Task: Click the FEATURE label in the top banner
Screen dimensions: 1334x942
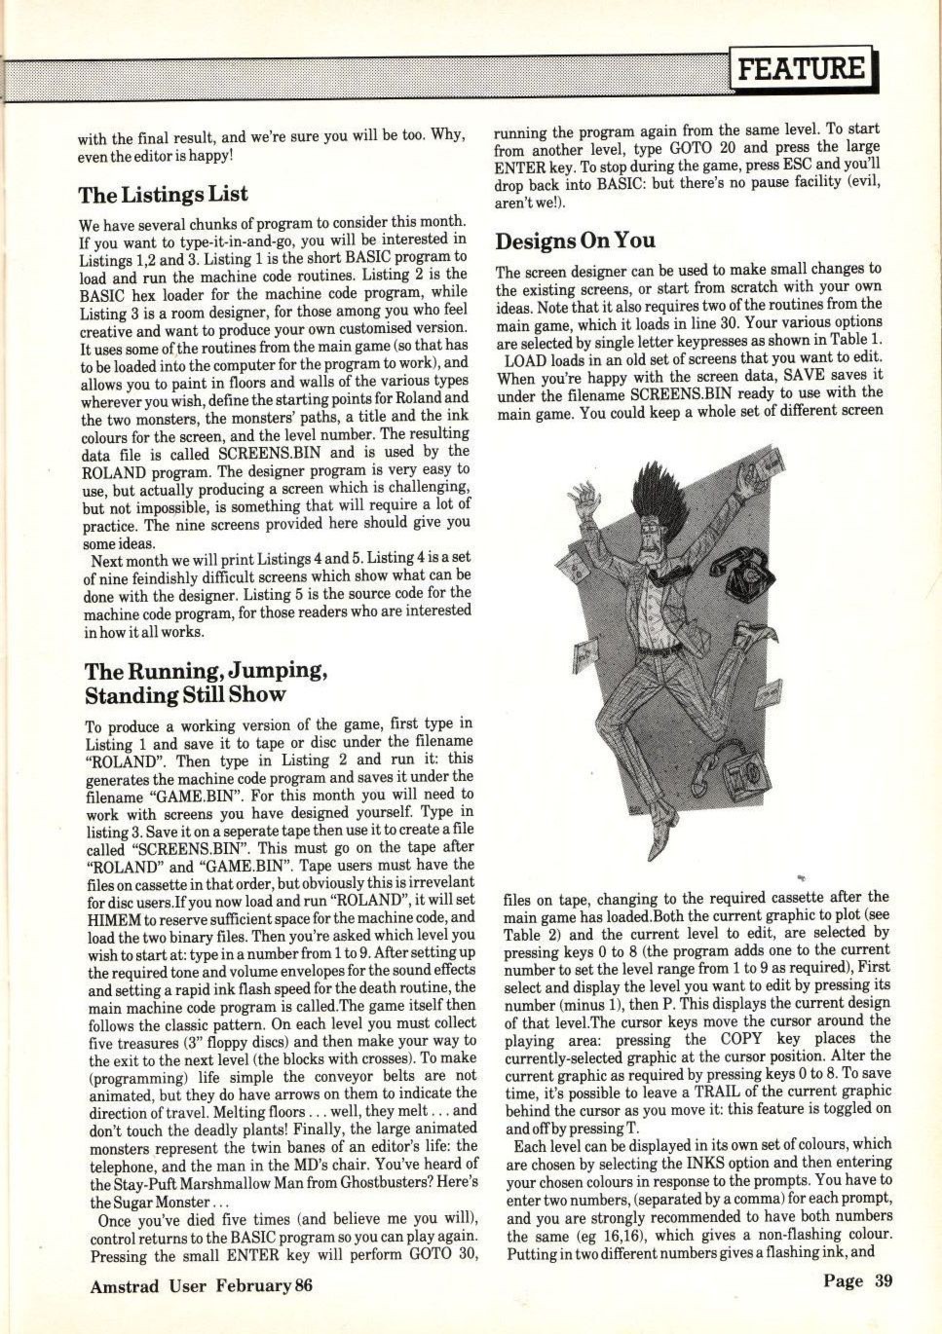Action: tap(801, 68)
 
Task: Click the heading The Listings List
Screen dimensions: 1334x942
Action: tap(164, 194)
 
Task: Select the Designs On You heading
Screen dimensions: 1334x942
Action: tap(575, 240)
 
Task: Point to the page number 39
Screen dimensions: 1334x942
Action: tap(883, 1280)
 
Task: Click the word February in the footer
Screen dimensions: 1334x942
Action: tap(251, 1285)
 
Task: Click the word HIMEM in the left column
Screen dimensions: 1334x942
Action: tap(115, 917)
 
